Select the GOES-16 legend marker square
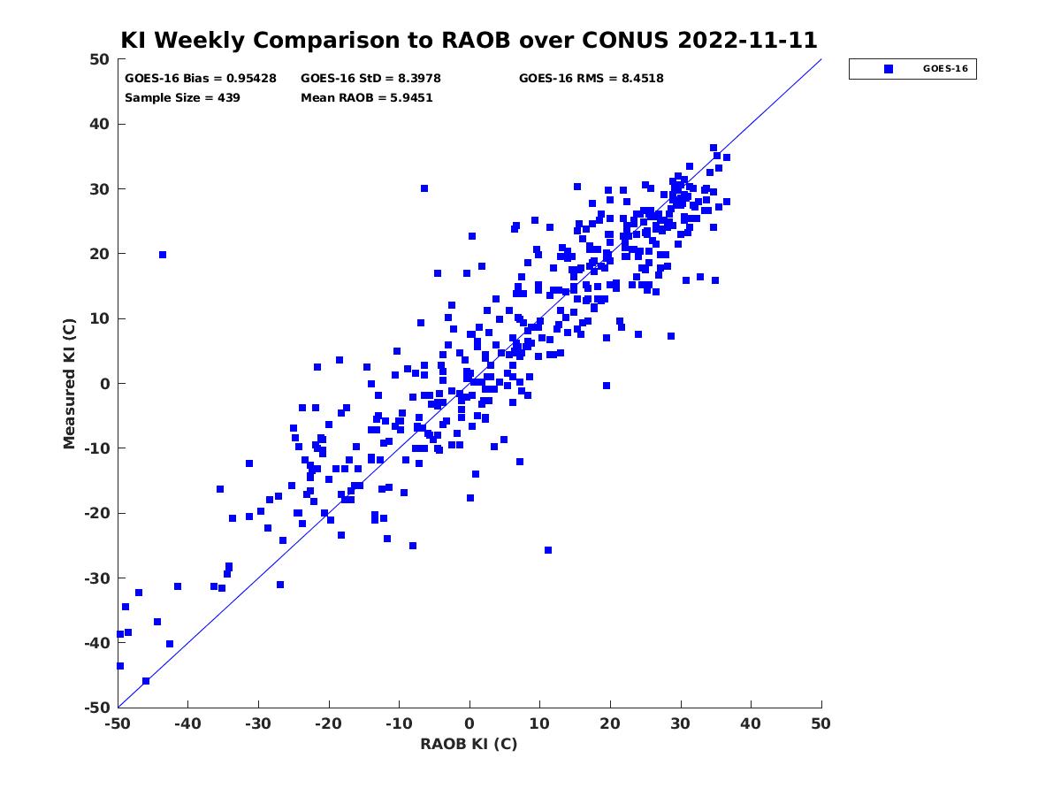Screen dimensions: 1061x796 click(x=889, y=69)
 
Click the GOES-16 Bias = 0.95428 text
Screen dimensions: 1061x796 click(x=201, y=79)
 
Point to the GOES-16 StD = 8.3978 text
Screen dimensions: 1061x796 click(x=370, y=79)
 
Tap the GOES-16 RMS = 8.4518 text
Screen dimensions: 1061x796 click(x=592, y=79)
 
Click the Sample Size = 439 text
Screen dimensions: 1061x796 click(x=182, y=98)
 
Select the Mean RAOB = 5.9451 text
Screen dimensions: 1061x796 click(x=366, y=98)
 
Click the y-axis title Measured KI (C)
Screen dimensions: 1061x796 click(x=69, y=383)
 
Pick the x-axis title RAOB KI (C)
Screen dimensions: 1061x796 click(x=469, y=743)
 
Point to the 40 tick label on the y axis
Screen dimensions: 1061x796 click(x=100, y=124)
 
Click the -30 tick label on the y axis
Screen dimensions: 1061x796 click(x=97, y=578)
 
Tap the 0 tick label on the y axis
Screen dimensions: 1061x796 click(x=105, y=384)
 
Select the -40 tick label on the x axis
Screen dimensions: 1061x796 click(x=187, y=723)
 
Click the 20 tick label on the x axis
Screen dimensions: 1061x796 click(x=610, y=723)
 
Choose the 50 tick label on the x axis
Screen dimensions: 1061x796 click(x=821, y=723)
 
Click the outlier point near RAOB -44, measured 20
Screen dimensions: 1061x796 click(x=163, y=255)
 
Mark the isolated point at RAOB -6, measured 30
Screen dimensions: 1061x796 click(x=424, y=188)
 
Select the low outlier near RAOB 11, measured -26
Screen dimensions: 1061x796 click(x=548, y=550)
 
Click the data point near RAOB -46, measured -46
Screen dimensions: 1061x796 click(x=146, y=681)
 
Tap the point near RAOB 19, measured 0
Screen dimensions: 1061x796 click(x=607, y=386)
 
